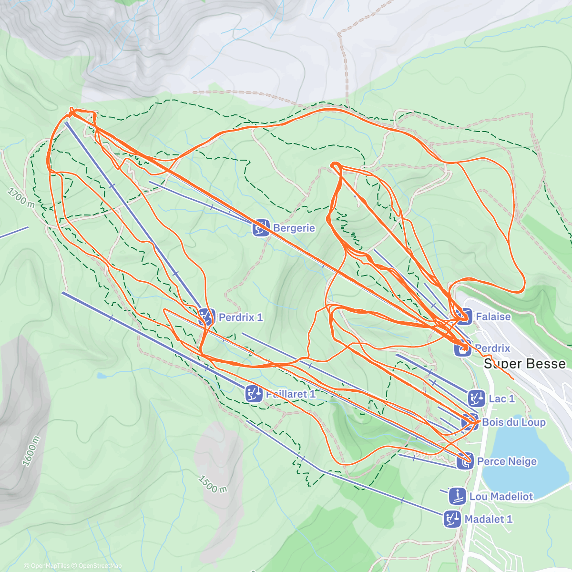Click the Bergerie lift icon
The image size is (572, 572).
(261, 228)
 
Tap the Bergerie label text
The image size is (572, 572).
(294, 228)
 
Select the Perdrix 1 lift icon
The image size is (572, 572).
(206, 317)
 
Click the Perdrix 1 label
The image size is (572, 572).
(240, 317)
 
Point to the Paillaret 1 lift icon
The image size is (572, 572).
(254, 394)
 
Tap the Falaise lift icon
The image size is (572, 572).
(463, 316)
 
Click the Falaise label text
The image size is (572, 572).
(493, 317)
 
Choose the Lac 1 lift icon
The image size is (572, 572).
(476, 398)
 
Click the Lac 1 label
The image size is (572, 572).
(501, 398)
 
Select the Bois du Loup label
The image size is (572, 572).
(513, 422)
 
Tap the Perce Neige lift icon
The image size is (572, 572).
(465, 461)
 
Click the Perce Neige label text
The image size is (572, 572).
(507, 461)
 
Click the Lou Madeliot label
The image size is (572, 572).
(501, 497)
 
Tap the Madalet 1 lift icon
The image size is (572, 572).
(452, 519)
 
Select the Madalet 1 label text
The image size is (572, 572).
(488, 519)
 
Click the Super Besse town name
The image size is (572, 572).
(525, 364)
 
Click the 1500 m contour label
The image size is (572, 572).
(212, 484)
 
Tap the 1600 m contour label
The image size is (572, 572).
(31, 451)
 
